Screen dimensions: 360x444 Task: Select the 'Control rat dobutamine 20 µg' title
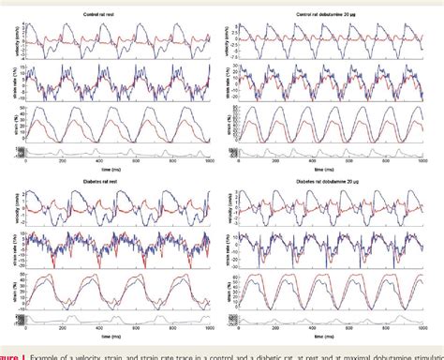click(333, 7)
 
